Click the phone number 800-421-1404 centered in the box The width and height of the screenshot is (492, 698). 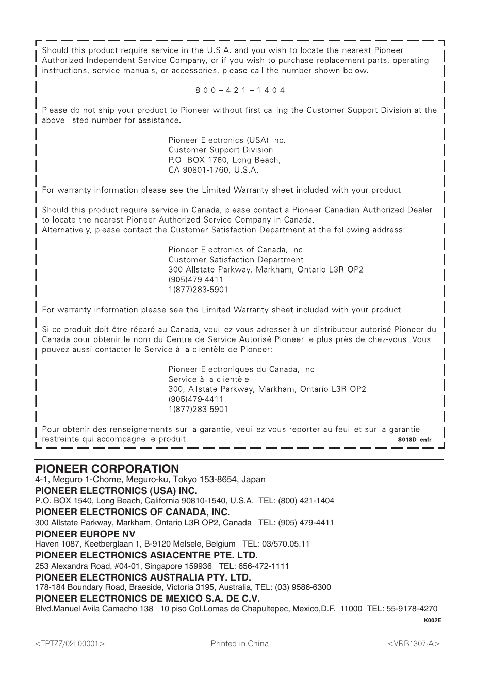pyautogui.click(x=240, y=90)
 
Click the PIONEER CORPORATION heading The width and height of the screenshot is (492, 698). pyautogui.click(x=107, y=469)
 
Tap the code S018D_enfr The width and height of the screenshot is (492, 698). pyautogui.click(x=414, y=440)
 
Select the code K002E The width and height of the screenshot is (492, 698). pyautogui.click(x=432, y=620)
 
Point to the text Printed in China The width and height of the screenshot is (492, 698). pyautogui.click(x=240, y=644)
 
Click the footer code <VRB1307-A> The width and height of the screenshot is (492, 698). pyautogui.click(x=414, y=644)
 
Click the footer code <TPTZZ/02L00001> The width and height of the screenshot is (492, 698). pyautogui.click(x=70, y=644)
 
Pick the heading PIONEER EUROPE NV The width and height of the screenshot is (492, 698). pyautogui.click(x=85, y=534)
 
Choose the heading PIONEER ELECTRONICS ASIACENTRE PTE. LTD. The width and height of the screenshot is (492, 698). pyautogui.click(x=146, y=555)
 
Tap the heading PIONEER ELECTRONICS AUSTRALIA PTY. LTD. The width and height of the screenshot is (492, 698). pyautogui.click(x=143, y=577)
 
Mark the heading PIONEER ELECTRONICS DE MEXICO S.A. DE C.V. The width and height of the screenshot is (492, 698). pyautogui.click(x=147, y=599)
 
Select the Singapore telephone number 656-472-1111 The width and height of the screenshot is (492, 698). pyautogui.click(x=264, y=566)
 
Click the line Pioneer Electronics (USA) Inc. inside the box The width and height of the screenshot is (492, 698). pyautogui.click(x=226, y=140)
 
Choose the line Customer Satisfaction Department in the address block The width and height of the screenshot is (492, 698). pyautogui.click(x=236, y=260)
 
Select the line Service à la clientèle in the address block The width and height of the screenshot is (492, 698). pyautogui.click(x=208, y=379)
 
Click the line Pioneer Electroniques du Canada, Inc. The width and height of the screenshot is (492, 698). pyautogui.click(x=242, y=369)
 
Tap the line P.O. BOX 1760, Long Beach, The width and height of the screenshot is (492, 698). pyautogui.click(x=224, y=160)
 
